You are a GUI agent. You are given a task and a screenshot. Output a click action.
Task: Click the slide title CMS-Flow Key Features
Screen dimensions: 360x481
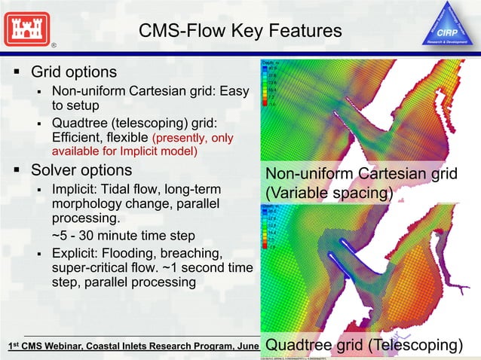[240, 31]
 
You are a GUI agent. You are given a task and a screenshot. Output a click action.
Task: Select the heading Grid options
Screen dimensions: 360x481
[73, 72]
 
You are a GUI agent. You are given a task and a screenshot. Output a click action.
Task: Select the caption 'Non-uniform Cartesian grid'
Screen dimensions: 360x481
[361, 175]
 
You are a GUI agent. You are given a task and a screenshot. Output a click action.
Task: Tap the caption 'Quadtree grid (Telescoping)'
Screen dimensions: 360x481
[363, 345]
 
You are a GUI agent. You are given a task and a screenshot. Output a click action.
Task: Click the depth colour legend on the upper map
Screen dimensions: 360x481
[272, 83]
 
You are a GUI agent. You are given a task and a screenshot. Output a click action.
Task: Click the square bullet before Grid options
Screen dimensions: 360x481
[15, 73]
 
